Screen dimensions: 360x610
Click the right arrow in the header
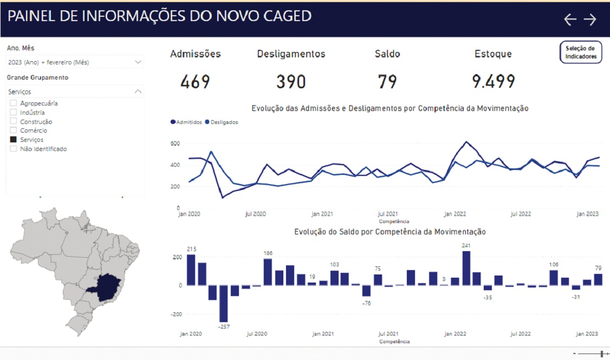pos(590,19)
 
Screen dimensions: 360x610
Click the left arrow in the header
pos(570,19)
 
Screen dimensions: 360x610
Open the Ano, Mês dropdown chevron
pos(138,62)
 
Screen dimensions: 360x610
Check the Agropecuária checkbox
pos(14,103)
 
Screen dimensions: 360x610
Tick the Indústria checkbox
pos(14,113)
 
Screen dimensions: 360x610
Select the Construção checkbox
pos(14,122)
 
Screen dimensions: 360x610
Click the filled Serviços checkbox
pos(14,140)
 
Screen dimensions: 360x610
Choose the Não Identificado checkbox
pos(14,149)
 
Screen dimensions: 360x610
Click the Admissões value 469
pos(195,82)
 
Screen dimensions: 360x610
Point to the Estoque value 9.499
pos(493,82)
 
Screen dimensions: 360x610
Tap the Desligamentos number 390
pos(291,82)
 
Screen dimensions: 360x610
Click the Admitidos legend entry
pos(186,122)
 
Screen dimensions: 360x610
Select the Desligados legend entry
pos(222,122)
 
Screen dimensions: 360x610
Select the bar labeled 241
pos(466,268)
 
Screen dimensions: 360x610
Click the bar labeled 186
pos(268,272)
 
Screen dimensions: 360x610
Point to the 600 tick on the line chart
pos(174,143)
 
